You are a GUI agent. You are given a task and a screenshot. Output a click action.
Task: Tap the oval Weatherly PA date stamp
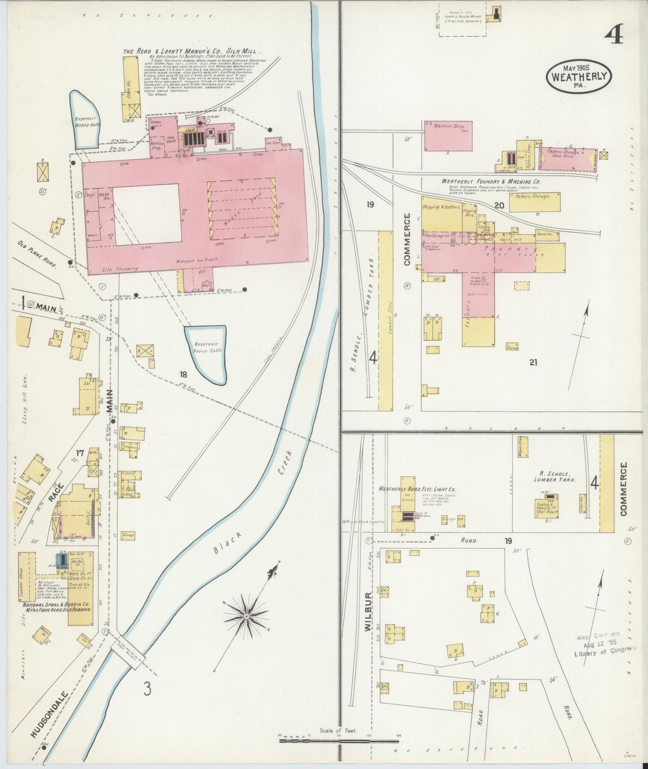click(x=579, y=77)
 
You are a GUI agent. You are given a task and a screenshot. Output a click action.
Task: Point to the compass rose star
click(x=246, y=618)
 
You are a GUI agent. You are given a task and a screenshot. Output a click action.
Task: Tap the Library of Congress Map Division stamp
click(x=604, y=644)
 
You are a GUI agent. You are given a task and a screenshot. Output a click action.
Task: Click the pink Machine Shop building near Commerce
click(x=448, y=135)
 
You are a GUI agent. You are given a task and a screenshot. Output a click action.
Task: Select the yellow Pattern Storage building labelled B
click(x=535, y=201)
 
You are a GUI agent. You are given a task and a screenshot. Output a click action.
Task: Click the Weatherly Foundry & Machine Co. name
click(x=491, y=181)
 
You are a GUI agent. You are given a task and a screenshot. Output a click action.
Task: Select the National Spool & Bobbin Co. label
click(x=57, y=607)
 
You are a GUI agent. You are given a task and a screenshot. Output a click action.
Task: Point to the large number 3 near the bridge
click(x=147, y=689)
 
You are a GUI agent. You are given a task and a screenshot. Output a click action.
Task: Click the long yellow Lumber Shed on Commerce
click(x=386, y=321)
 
